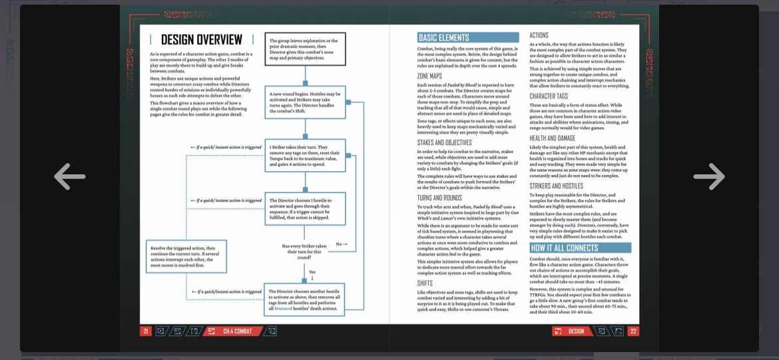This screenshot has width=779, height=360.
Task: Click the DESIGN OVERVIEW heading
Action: click(202, 40)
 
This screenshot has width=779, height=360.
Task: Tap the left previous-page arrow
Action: click(69, 176)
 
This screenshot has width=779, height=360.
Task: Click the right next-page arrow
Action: click(708, 176)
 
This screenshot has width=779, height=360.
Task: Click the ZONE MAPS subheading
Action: click(429, 76)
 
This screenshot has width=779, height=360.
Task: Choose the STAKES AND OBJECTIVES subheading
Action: click(444, 142)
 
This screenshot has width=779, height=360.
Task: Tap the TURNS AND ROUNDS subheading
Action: click(439, 198)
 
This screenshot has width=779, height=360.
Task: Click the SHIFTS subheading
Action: click(425, 283)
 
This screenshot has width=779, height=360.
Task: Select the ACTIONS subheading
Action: click(539, 35)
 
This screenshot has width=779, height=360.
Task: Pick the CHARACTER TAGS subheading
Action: click(549, 96)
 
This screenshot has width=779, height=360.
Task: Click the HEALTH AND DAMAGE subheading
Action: click(553, 138)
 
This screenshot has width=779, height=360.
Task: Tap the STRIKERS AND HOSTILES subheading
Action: click(556, 186)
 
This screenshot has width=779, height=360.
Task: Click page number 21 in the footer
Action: click(146, 331)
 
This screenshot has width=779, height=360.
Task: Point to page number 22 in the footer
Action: click(633, 331)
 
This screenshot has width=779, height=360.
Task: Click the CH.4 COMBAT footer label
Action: click(237, 331)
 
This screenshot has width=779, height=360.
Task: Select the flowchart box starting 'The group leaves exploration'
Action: click(305, 49)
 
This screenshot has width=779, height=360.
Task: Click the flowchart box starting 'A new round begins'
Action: click(305, 102)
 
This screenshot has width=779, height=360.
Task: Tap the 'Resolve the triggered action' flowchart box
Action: click(186, 256)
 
